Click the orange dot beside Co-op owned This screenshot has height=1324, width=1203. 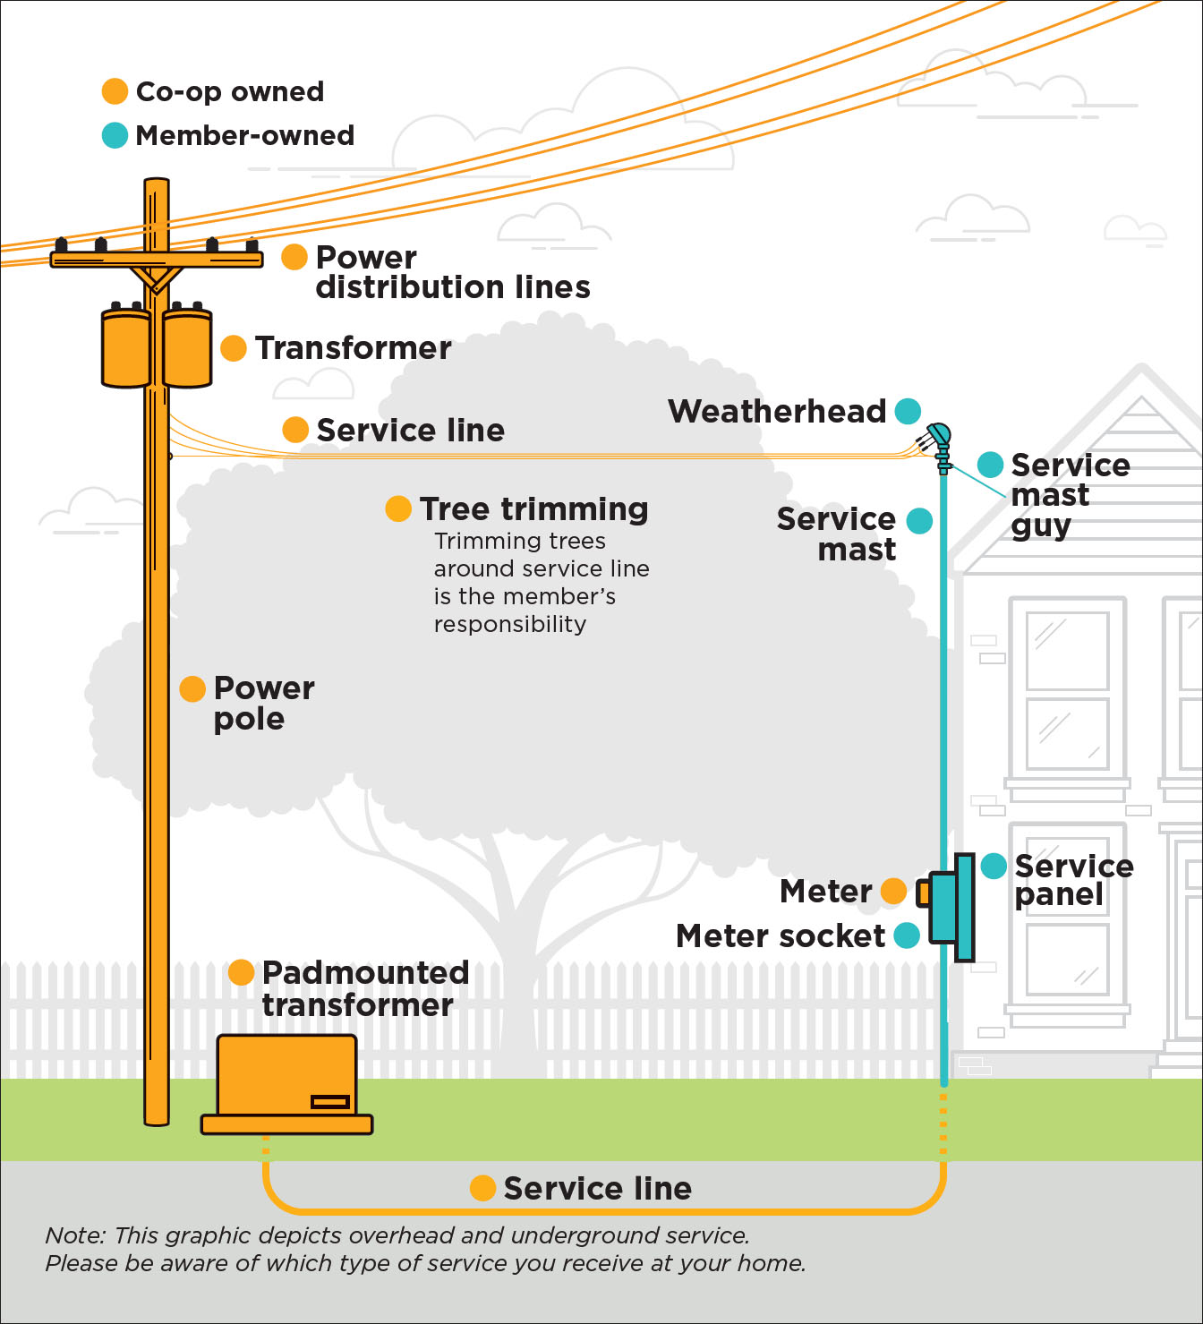coord(115,91)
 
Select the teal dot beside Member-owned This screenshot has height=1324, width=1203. coord(115,135)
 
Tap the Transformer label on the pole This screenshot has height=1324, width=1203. coord(353,347)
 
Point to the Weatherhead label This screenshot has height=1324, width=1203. coord(777,411)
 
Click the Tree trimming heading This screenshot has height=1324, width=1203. coord(533,508)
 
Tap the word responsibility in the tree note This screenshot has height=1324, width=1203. coord(510,624)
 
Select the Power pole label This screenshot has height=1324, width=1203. coord(263,703)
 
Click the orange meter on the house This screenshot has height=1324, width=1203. coord(923,893)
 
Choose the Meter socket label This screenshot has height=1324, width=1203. coord(781,935)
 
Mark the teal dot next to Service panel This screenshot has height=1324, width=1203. coord(994,866)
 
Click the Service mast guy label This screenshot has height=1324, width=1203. coord(1070,495)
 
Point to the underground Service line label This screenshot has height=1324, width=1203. coord(597,1188)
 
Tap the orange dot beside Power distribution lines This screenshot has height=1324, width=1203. coord(294,257)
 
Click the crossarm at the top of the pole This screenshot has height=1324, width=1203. coord(157,260)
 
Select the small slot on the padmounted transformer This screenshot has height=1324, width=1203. coord(329,1101)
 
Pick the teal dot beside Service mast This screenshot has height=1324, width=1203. coord(919,520)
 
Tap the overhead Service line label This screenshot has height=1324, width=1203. coord(410,430)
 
